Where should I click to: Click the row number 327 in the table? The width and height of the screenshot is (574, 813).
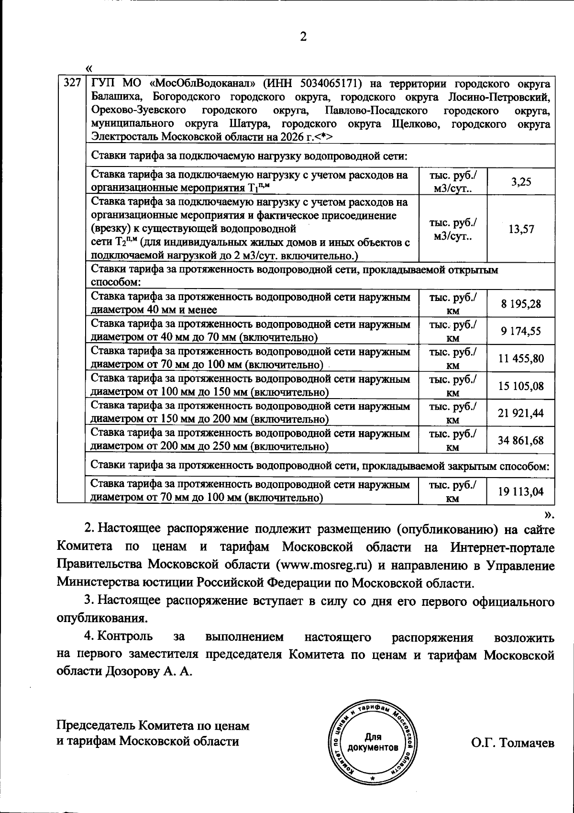[x=71, y=83]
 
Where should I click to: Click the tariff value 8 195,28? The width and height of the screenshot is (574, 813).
[x=520, y=304]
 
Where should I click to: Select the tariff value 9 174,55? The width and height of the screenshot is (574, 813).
[x=520, y=331]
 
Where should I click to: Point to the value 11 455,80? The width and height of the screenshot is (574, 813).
[x=520, y=358]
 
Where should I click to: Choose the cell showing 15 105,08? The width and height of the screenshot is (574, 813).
[x=520, y=386]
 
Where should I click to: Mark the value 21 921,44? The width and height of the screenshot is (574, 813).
[x=520, y=413]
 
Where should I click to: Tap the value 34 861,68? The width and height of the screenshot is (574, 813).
[x=520, y=440]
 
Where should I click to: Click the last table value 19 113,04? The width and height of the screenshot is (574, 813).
[x=520, y=491]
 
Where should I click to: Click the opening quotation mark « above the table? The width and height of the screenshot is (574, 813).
[x=88, y=68]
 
